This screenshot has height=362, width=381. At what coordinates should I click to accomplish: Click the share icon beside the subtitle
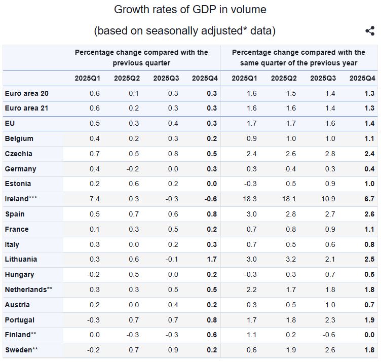tap(370, 31)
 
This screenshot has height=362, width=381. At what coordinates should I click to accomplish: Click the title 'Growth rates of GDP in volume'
tap(190, 9)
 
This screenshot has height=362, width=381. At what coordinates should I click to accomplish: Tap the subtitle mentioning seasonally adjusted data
tap(185, 31)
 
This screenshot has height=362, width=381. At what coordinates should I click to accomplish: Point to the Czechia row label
tap(18, 154)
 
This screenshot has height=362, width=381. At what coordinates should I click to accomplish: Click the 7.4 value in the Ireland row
tap(94, 199)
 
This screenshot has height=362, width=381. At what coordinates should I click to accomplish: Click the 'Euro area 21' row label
tap(26, 108)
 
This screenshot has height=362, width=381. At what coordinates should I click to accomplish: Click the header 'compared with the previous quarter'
tap(141, 58)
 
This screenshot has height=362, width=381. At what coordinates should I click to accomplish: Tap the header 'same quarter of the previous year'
tap(298, 58)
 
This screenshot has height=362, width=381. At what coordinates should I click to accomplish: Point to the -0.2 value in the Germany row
tap(132, 169)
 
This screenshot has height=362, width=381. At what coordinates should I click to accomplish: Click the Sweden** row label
tap(21, 350)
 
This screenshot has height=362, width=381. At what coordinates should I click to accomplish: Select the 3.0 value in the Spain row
tap(251, 214)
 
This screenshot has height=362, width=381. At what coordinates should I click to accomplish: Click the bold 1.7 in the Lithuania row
tap(212, 259)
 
